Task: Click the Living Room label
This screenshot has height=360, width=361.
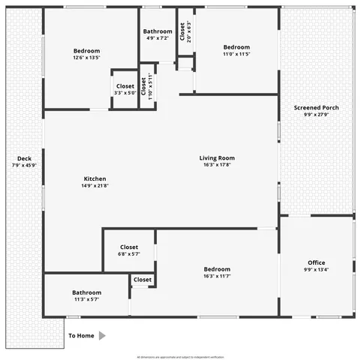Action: click(217, 158)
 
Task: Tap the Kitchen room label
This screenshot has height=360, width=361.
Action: click(95, 178)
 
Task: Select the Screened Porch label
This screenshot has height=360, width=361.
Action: click(316, 108)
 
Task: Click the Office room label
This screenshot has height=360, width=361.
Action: click(316, 262)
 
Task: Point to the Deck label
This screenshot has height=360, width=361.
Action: click(24, 159)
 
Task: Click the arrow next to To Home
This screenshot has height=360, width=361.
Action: click(102, 336)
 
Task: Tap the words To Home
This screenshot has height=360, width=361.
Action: click(81, 336)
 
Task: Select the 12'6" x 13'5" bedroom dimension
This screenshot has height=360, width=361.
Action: click(86, 58)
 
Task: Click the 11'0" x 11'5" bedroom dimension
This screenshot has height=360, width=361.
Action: click(236, 54)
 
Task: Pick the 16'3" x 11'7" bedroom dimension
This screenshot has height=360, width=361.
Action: click(217, 276)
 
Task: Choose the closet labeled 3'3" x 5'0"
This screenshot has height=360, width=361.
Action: click(125, 93)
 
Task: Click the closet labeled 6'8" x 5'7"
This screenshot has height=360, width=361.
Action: click(129, 254)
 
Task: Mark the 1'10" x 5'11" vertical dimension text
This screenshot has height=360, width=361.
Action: click(150, 87)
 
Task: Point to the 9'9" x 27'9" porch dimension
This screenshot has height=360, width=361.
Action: click(316, 115)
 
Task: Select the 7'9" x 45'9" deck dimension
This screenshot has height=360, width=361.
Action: click(24, 166)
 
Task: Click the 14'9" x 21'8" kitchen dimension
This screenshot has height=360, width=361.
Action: click(95, 186)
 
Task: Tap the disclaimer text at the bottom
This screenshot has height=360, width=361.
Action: click(180, 357)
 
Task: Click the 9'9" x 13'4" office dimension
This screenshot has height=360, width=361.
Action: click(316, 270)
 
